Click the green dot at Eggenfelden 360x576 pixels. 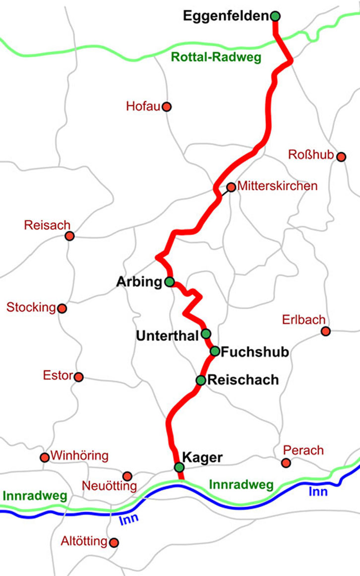276,16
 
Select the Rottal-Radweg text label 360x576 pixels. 216,57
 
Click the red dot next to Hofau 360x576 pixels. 167,107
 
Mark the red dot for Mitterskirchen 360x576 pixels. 231,187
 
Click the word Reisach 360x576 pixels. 47,226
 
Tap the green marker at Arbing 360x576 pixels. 169,283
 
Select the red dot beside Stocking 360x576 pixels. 62,309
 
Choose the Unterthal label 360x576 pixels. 167,336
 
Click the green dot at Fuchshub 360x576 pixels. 215,351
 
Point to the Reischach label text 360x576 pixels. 243,380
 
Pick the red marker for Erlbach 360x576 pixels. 325,331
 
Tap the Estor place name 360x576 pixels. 58,376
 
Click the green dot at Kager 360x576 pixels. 179,467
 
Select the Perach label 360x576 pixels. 303,450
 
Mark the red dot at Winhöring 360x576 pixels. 45,458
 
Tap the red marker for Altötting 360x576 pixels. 114,543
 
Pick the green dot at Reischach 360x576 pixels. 201,381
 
